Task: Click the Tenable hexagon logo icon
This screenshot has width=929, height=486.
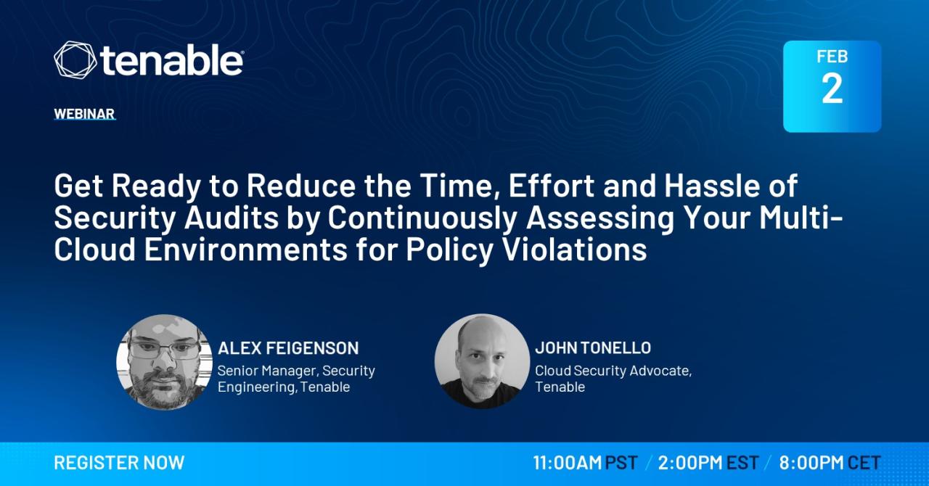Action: (75, 59)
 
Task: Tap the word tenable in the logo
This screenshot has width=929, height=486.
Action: (172, 60)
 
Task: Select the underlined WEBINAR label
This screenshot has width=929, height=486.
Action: (84, 114)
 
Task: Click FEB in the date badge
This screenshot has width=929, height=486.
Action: (832, 57)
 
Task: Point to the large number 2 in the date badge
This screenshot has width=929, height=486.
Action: (832, 88)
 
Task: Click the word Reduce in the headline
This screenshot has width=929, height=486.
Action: (301, 186)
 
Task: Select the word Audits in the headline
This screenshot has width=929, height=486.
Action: (232, 218)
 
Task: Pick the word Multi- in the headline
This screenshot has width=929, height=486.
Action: (801, 218)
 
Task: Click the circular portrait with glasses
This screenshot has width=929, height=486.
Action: (164, 363)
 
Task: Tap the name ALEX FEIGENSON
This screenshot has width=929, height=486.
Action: (288, 348)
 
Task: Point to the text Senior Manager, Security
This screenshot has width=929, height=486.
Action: (296, 371)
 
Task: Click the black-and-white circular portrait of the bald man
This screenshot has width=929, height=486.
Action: (482, 361)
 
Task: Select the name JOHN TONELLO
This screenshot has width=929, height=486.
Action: (593, 348)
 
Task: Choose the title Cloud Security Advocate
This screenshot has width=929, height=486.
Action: (613, 371)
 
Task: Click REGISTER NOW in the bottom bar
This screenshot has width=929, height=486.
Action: (119, 463)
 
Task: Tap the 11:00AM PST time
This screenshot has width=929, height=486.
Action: (585, 463)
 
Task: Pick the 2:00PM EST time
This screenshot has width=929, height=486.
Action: (708, 463)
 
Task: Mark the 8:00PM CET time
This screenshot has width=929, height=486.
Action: (830, 463)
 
